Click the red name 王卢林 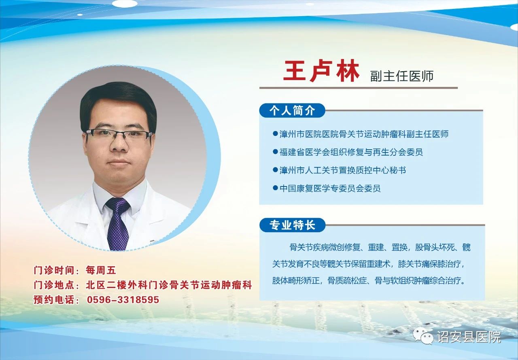321,71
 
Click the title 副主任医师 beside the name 402,76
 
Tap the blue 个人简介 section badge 292,110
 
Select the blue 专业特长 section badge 292,225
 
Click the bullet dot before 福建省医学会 275,152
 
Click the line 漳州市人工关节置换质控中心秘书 343,170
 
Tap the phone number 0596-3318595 123,300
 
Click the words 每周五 101,270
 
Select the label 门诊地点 54,285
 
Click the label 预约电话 54,300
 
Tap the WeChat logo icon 424,337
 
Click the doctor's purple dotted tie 118,224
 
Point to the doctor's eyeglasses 119,134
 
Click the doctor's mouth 119,162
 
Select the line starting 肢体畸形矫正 369,281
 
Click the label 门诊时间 54,270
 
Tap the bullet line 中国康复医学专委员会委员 330,188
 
